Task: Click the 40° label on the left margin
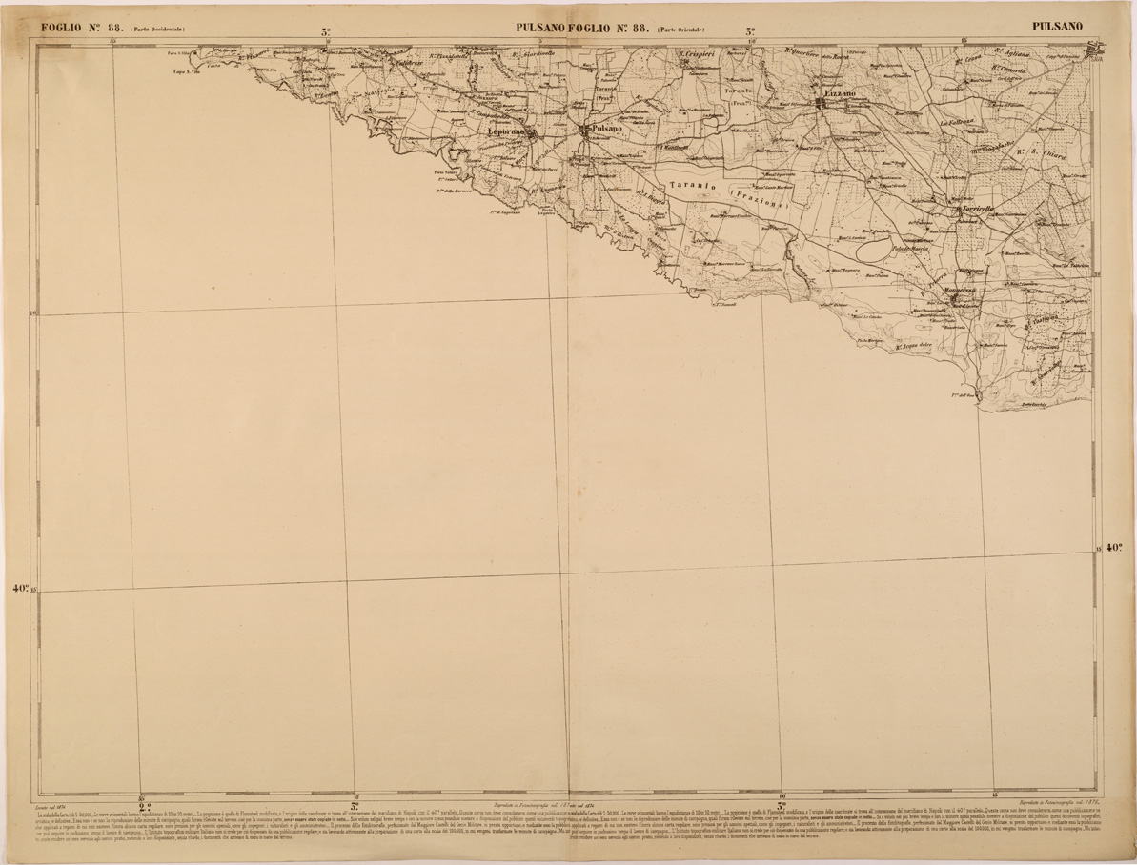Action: coord(21,589)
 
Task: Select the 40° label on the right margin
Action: coord(1113,548)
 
